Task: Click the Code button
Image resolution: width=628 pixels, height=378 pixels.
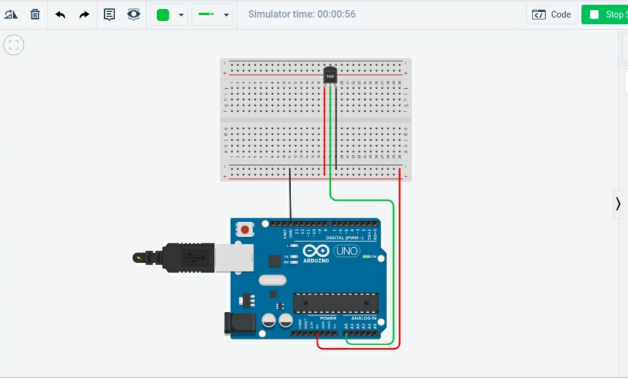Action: tap(552, 15)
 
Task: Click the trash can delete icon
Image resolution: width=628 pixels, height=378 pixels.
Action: tap(35, 15)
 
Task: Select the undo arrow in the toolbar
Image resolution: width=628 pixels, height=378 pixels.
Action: tap(60, 15)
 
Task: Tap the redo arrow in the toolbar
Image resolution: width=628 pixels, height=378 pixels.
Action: tap(84, 15)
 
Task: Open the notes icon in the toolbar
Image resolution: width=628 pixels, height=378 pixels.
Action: tap(109, 15)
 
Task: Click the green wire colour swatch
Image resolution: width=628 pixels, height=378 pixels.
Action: tap(163, 15)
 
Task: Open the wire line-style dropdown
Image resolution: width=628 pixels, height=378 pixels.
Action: tap(213, 15)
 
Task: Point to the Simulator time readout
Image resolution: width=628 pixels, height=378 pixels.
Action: tap(302, 14)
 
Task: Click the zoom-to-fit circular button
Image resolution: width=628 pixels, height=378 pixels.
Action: tap(14, 44)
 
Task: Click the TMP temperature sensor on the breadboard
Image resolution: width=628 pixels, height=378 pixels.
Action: tap(330, 75)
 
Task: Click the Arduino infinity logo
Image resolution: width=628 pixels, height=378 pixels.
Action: tap(316, 251)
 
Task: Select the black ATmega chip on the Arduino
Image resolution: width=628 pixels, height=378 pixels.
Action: tap(336, 303)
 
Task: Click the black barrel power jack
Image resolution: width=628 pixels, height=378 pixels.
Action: tap(239, 324)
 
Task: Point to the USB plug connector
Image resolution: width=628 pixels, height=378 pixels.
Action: tap(189, 257)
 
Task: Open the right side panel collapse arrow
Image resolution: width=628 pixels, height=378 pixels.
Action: tap(618, 203)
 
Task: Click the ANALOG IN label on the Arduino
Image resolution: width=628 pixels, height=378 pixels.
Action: tap(363, 318)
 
